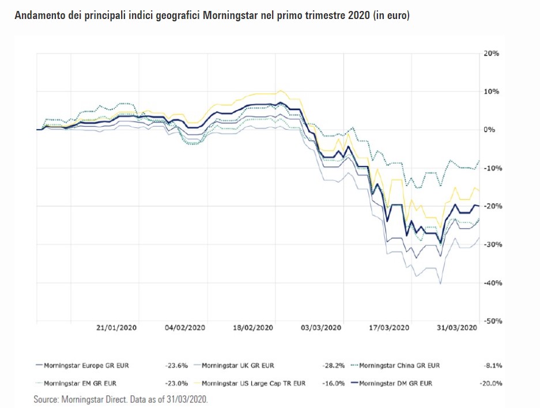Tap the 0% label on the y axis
tap(489, 130)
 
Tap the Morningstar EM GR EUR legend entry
tap(81, 383)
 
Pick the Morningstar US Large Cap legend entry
tap(253, 383)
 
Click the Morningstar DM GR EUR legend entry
tap(395, 383)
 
